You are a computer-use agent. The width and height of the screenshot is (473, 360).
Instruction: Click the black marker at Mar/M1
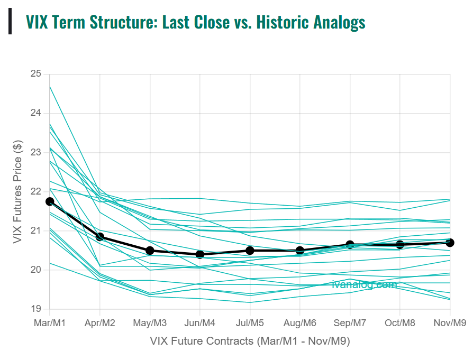pyautogui.click(x=50, y=201)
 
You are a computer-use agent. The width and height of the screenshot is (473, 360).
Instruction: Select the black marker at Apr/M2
pyautogui.click(x=100, y=237)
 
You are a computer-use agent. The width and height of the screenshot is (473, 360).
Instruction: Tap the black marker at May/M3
pyautogui.click(x=150, y=251)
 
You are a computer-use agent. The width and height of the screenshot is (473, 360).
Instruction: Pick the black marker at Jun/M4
pyautogui.click(x=200, y=254)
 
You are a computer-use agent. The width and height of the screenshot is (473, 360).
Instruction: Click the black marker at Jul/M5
pyautogui.click(x=250, y=251)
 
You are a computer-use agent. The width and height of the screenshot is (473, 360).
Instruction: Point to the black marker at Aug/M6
pyautogui.click(x=300, y=251)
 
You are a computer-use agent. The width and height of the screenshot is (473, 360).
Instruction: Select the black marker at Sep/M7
pyautogui.click(x=350, y=245)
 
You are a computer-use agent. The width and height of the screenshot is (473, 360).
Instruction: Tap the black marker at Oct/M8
pyautogui.click(x=400, y=245)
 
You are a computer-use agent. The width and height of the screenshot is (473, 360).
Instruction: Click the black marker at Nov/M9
pyautogui.click(x=450, y=243)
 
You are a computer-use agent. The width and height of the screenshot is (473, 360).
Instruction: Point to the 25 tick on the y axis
pyautogui.click(x=35, y=74)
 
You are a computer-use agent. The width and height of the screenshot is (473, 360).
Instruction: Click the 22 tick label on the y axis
pyautogui.click(x=35, y=191)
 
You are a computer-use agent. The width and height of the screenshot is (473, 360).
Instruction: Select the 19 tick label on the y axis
pyautogui.click(x=35, y=309)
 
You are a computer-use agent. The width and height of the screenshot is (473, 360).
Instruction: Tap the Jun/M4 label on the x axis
pyautogui.click(x=200, y=322)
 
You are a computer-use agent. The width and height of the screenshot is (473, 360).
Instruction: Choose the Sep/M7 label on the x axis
pyautogui.click(x=350, y=322)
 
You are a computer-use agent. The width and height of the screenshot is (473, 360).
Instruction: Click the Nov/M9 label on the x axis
pyautogui.click(x=450, y=322)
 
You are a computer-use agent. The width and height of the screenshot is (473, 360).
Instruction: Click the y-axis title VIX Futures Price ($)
pyautogui.click(x=17, y=191)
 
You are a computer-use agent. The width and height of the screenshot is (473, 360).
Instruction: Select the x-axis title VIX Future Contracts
pyautogui.click(x=250, y=340)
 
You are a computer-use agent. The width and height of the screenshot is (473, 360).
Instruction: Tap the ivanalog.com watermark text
pyautogui.click(x=365, y=284)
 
